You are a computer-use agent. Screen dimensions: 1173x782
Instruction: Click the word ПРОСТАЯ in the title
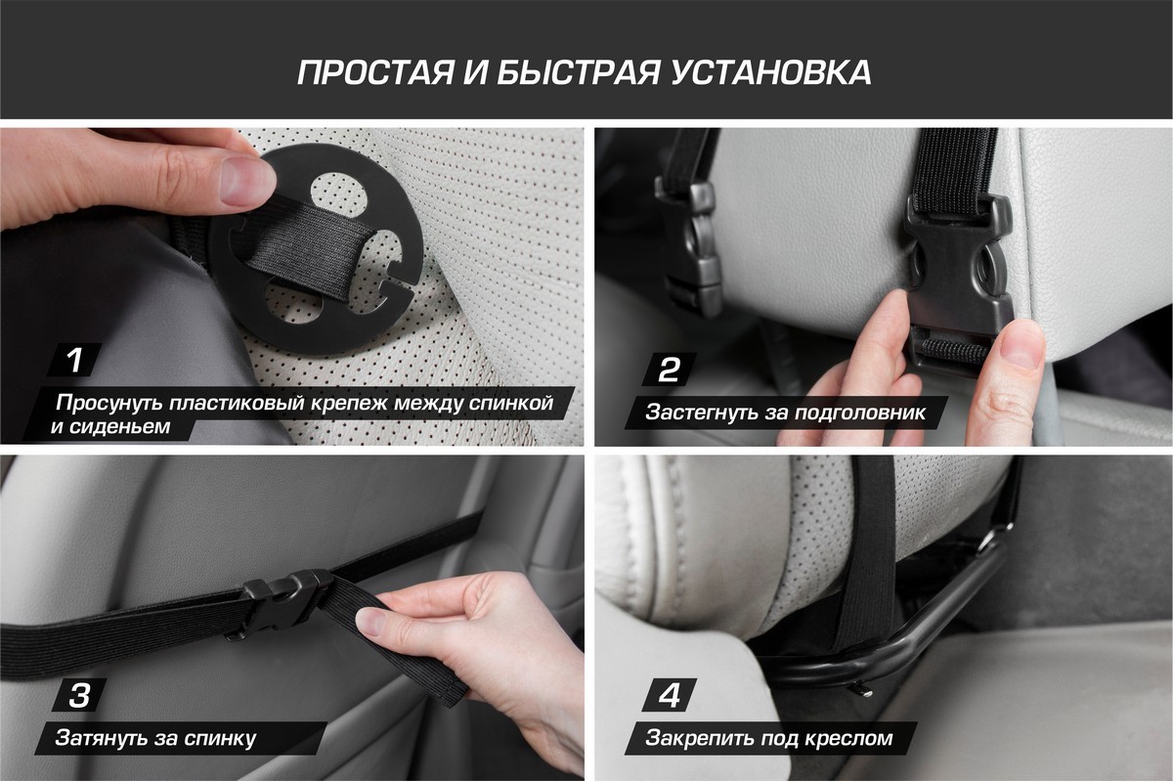375,72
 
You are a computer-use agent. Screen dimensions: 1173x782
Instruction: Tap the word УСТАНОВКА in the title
771,72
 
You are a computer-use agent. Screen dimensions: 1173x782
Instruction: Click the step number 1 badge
75,360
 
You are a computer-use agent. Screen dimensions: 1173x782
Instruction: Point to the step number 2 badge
669,369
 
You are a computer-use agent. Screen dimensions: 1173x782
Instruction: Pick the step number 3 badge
79,695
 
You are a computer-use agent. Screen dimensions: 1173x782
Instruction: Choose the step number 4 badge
670,695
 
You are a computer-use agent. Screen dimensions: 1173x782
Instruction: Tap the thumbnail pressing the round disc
245,181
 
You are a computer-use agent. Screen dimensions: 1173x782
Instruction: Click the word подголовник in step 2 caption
860,413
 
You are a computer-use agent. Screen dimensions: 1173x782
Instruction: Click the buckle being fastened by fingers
957,282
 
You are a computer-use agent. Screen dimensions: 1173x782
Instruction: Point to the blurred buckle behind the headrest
686,249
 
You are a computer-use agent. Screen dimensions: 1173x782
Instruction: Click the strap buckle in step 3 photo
285,602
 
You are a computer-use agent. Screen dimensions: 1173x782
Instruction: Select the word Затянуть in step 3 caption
100,738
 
